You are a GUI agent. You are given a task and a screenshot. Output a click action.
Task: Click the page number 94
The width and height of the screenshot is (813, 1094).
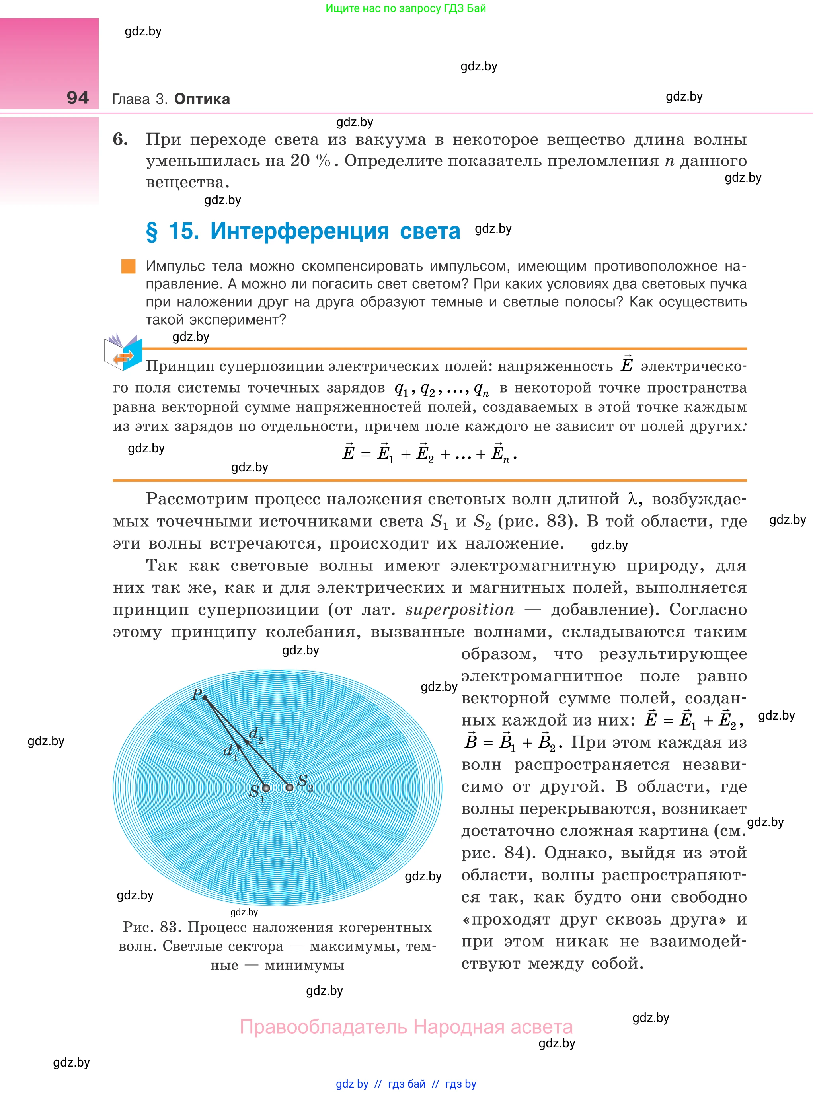pyautogui.click(x=78, y=97)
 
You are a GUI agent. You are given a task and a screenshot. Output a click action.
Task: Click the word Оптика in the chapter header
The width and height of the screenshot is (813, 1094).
pyautogui.click(x=202, y=99)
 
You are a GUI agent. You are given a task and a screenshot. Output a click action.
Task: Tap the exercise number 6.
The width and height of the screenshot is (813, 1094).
pyautogui.click(x=120, y=139)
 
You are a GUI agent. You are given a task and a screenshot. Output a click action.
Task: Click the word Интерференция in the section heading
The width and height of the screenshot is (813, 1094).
pyautogui.click(x=299, y=231)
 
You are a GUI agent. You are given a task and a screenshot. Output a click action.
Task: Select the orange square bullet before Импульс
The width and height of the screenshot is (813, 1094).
pyautogui.click(x=129, y=266)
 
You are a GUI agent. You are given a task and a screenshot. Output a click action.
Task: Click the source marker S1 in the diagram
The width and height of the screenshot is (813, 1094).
pyautogui.click(x=266, y=788)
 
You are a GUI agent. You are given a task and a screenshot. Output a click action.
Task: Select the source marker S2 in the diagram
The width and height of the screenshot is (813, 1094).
pyautogui.click(x=290, y=787)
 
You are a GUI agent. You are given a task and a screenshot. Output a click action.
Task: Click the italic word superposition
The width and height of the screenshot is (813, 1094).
pyautogui.click(x=460, y=609)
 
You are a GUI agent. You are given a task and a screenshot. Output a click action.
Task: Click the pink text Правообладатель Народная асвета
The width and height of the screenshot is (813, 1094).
pyautogui.click(x=406, y=1027)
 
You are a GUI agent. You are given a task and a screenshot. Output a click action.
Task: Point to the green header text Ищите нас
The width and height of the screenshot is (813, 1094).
pyautogui.click(x=406, y=8)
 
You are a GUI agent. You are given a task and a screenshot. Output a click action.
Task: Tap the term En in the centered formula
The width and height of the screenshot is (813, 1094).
pyautogui.click(x=500, y=453)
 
